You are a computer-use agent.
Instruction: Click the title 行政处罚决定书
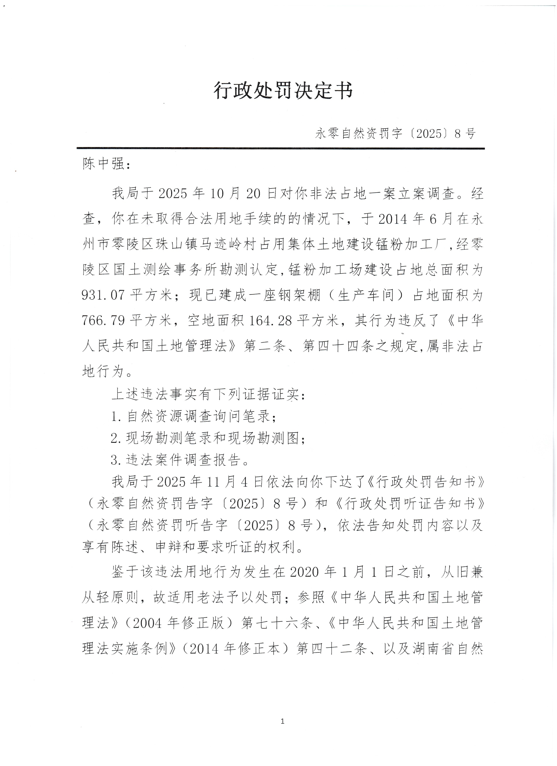click(283, 91)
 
